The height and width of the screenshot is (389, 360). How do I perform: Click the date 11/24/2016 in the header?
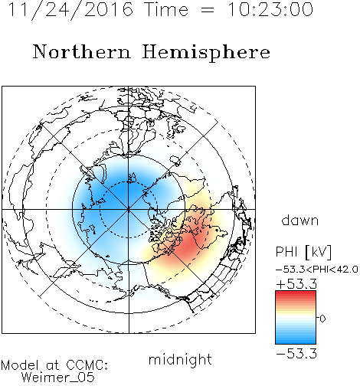(x=70, y=9)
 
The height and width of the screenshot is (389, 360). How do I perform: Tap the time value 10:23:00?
(x=270, y=9)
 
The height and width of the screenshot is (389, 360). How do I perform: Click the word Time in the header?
(x=166, y=9)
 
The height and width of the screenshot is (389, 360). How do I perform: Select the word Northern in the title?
(x=81, y=51)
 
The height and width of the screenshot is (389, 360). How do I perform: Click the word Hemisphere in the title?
(x=206, y=53)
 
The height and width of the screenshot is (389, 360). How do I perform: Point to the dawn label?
(x=300, y=220)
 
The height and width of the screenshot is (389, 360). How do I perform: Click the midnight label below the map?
(x=180, y=360)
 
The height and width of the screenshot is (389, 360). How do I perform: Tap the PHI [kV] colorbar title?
(x=303, y=252)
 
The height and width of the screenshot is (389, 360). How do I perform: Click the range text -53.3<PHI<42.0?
(x=317, y=270)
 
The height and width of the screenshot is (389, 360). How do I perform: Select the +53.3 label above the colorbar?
(x=296, y=283)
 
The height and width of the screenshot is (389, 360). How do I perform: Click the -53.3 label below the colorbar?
(x=296, y=354)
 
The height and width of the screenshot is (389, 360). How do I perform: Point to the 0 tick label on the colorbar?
(x=322, y=319)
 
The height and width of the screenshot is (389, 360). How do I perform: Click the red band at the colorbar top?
(x=296, y=293)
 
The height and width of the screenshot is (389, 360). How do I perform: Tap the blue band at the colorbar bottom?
(x=296, y=341)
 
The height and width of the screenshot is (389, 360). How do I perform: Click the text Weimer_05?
(x=57, y=378)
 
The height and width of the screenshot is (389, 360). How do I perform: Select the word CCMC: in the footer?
(x=87, y=365)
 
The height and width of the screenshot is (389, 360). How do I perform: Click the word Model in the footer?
(x=20, y=365)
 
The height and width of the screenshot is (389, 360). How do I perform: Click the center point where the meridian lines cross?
(x=129, y=210)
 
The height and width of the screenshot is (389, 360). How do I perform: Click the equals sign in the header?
(x=208, y=10)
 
